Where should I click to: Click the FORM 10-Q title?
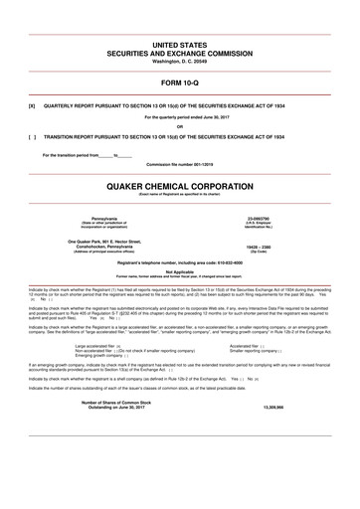tap(180, 81)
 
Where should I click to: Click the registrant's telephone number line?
tap(180, 259)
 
